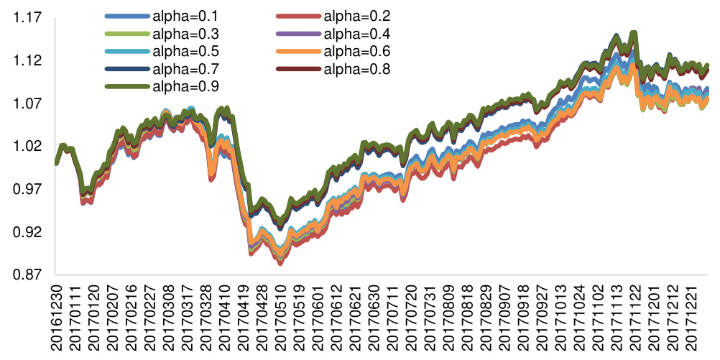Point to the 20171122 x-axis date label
click(x=633, y=316)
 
